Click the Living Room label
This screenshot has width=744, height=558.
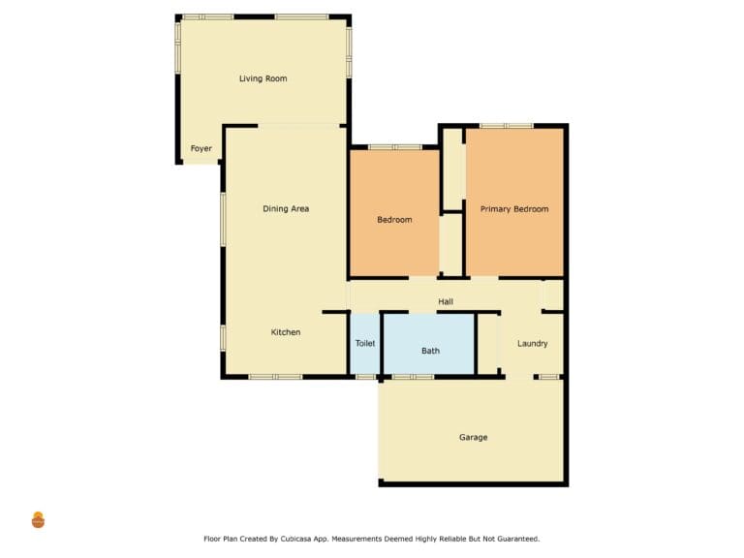pos(263,78)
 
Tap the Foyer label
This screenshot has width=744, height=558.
pos(201,148)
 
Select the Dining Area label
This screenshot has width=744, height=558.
pos(286,209)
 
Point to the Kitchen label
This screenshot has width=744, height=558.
pos(286,332)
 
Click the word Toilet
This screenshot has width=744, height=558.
pos(365,343)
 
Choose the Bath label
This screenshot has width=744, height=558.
pos(430,351)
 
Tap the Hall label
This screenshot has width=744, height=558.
pos(446,301)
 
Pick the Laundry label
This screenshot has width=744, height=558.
pos(533,343)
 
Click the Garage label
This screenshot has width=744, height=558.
pos(473,437)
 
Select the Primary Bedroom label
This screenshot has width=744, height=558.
pos(514,209)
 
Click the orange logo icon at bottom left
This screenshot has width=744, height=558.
pos(38,520)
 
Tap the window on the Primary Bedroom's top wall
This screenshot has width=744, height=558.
pos(507,126)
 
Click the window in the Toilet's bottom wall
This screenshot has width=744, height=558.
pos(366,377)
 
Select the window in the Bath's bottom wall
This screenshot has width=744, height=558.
pos(413,377)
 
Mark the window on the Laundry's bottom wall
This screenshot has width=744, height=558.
pos(549,377)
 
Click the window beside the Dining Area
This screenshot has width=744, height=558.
pos(223,219)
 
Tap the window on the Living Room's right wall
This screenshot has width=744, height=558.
pos(349,52)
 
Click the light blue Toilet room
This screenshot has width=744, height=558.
pos(365,344)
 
